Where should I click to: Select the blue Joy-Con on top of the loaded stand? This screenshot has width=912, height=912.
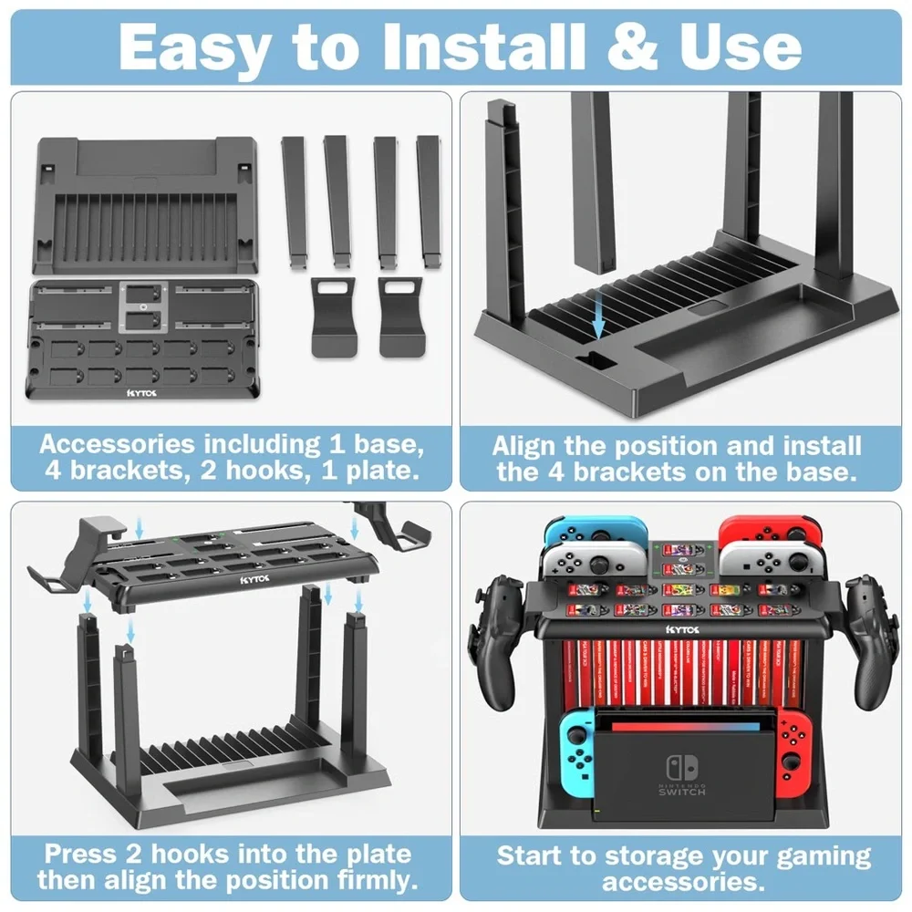click(594, 535)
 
